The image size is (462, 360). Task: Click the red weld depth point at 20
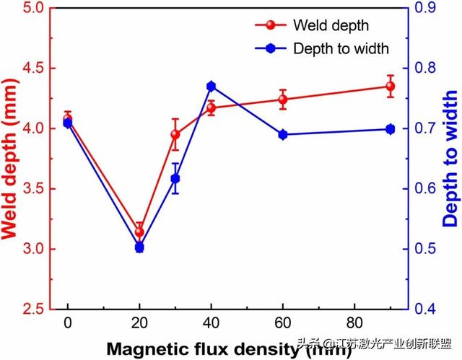(x=139, y=232)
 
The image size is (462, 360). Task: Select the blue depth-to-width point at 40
(x=212, y=87)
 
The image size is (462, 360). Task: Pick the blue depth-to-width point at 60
(x=283, y=134)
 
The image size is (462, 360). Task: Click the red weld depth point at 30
(x=175, y=134)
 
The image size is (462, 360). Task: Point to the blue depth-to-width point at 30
(x=175, y=178)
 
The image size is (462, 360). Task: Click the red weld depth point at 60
(x=283, y=100)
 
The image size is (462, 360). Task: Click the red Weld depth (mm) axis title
(x=11, y=159)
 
